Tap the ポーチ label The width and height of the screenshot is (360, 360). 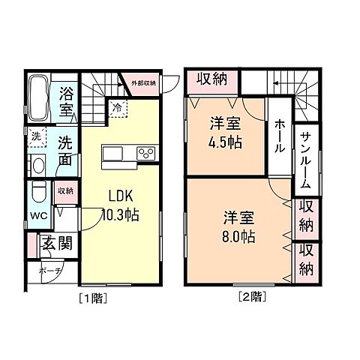[x=50, y=271]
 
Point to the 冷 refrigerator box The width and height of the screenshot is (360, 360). [x=117, y=108]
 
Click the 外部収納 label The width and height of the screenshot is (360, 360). [x=143, y=82]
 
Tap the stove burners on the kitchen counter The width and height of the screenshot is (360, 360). [x=145, y=154]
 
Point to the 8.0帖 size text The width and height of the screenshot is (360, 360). [x=238, y=237]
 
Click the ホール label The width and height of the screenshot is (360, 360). [x=278, y=136]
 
